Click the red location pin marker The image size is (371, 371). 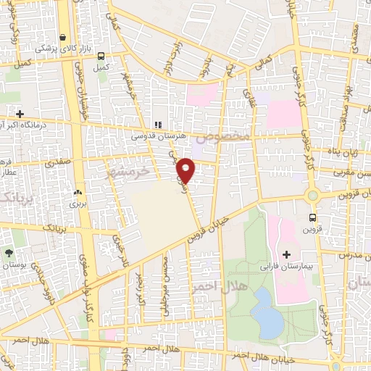(186, 170)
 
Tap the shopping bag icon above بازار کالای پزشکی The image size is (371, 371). (63, 37)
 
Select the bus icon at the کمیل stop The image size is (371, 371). (101, 56)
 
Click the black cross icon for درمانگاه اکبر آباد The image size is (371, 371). (20, 114)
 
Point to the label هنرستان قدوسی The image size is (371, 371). (154, 136)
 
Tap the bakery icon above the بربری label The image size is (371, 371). (77, 193)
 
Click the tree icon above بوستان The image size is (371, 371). (9, 253)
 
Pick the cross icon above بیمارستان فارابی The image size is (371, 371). (286, 254)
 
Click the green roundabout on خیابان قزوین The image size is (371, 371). (313, 195)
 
